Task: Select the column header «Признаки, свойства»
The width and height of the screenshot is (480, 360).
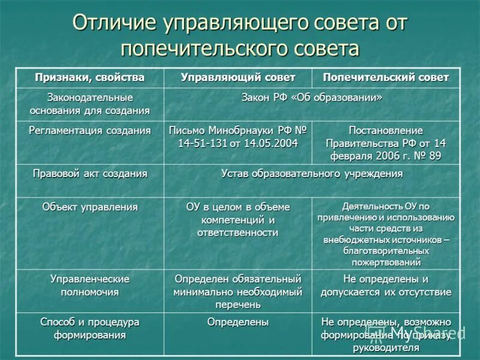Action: pos(89,77)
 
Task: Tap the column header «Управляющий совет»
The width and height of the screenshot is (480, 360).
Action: pos(238,77)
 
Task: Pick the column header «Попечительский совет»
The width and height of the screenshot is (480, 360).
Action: pos(386,77)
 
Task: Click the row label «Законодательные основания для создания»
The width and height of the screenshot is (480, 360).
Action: pos(89,103)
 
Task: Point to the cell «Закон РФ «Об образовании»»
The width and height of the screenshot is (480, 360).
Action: pos(312,97)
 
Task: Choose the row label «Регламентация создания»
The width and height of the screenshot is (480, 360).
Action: pos(89,130)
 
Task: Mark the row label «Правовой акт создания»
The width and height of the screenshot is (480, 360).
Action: pos(89,173)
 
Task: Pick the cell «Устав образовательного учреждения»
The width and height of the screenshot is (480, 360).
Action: pos(312,173)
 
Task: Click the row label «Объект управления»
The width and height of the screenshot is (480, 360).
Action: pos(89,207)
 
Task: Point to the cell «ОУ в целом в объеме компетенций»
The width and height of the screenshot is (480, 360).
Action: pos(238,220)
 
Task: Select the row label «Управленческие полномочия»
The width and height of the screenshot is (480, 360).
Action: pos(89,286)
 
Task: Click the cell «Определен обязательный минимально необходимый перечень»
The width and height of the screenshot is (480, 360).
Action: pos(238,292)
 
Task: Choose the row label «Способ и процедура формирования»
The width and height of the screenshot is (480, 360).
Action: pos(89,328)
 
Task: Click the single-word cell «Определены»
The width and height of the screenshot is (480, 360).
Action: pos(238,322)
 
